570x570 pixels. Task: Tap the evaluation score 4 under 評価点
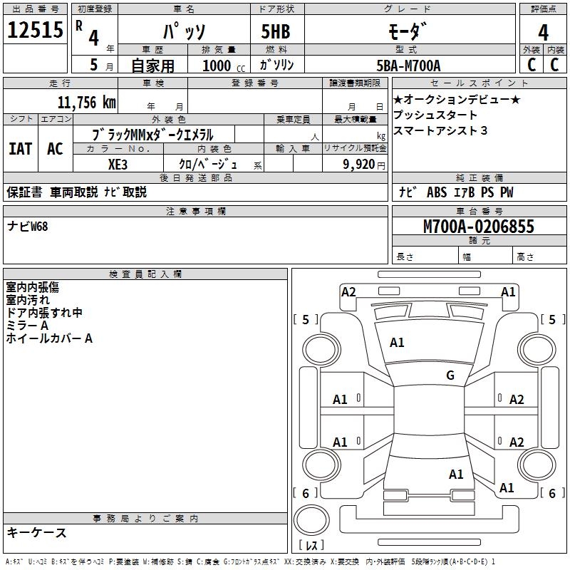[x=543, y=33]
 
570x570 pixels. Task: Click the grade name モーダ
[x=408, y=31]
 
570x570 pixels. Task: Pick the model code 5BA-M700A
[x=408, y=66]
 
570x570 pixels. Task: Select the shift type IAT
[x=20, y=148]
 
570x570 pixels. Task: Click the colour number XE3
[x=118, y=164]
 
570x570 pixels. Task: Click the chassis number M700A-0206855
[x=479, y=227]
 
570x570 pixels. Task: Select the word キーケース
[x=36, y=533]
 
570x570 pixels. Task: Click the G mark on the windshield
[x=450, y=375]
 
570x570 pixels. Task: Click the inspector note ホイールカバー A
[x=49, y=338]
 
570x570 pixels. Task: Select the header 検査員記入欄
[x=145, y=274]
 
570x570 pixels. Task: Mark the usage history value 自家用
[x=153, y=66]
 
